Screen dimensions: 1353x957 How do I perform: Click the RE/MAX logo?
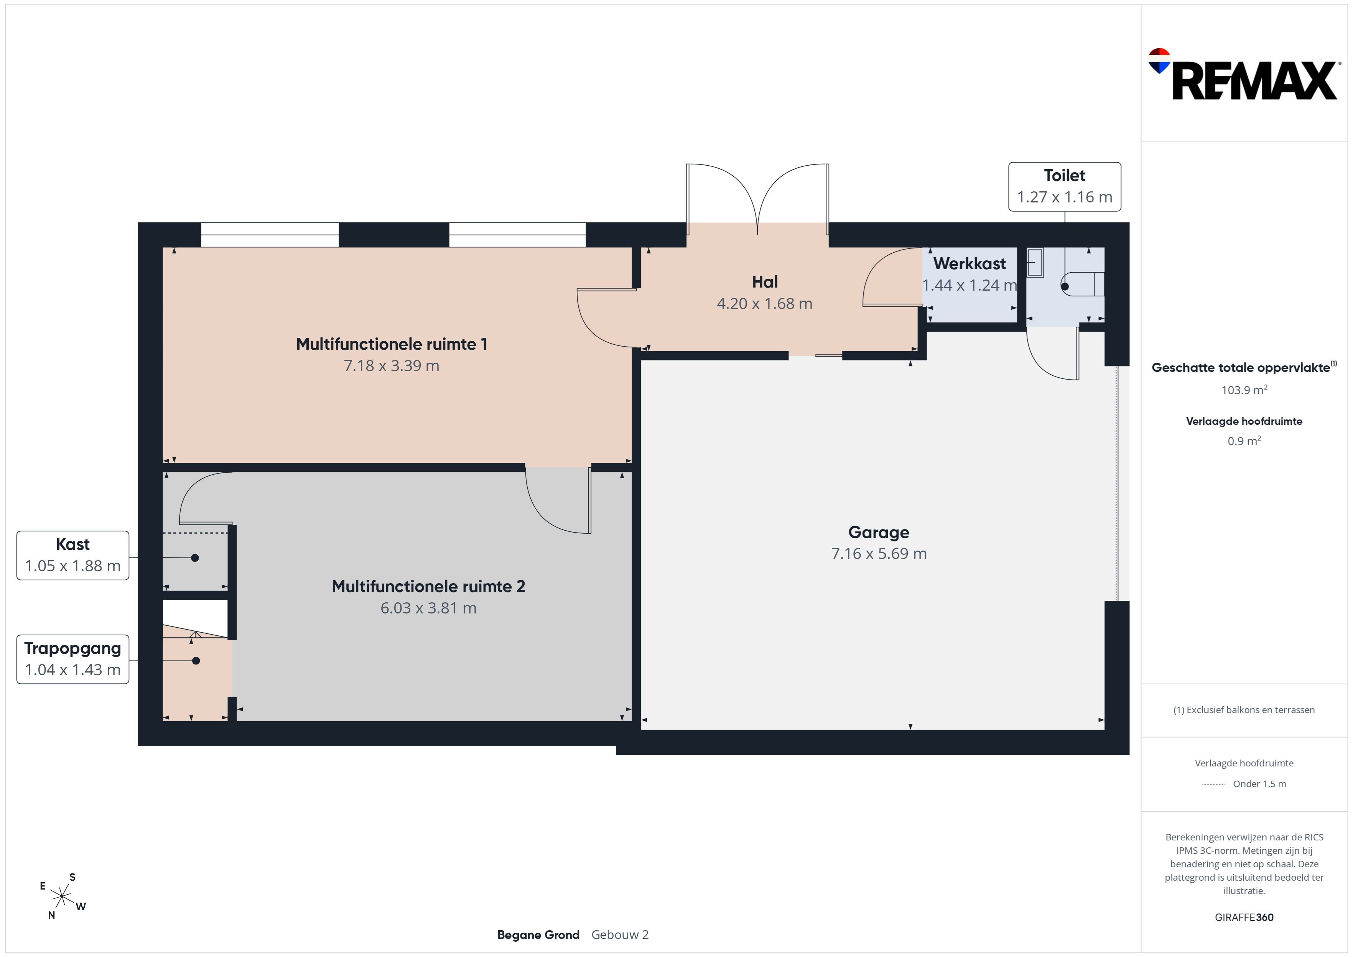1243,74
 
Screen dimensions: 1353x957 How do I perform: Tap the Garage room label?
879,532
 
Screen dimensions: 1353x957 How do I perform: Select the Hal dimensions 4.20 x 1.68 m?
764,304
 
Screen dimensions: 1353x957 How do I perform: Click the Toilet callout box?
1064,187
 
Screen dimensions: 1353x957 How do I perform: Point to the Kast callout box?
72,556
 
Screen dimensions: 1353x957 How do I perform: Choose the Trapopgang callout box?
72,659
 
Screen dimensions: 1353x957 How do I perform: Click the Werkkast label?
969,263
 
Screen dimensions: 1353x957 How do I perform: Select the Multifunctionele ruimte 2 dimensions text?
428,608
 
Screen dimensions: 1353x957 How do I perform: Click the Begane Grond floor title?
538,935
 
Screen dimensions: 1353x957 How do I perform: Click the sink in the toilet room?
1035,263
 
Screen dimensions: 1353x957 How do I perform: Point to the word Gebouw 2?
620,935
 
